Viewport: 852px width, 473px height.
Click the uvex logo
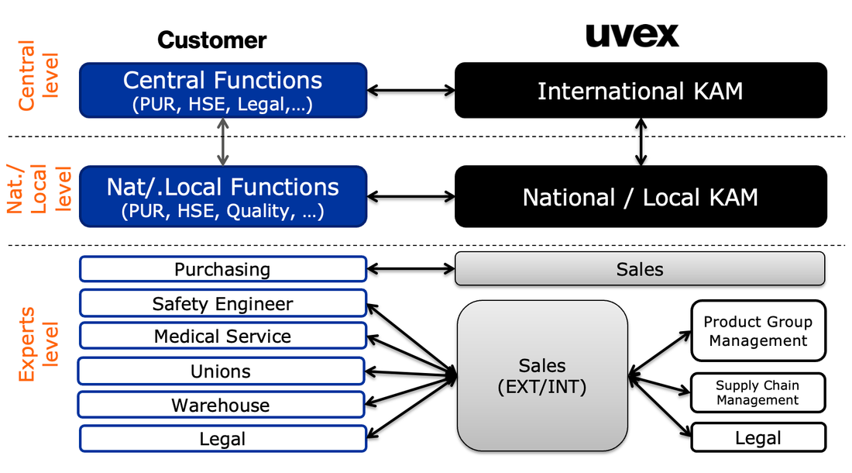pyautogui.click(x=631, y=34)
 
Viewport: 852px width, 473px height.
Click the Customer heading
pyautogui.click(x=211, y=40)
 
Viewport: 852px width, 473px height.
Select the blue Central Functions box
pyautogui.click(x=223, y=90)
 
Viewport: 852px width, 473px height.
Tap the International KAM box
pyautogui.click(x=640, y=91)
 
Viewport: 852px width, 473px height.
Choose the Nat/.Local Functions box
pyautogui.click(x=223, y=197)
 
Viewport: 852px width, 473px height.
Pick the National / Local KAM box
pyautogui.click(x=640, y=197)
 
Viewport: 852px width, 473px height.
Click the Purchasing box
pyautogui.click(x=222, y=269)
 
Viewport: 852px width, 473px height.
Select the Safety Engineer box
pyautogui.click(x=222, y=303)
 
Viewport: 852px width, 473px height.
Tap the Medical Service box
pyautogui.click(x=222, y=336)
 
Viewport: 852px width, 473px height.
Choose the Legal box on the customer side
pyautogui.click(x=222, y=439)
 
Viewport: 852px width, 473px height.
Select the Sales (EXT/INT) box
pyautogui.click(x=542, y=376)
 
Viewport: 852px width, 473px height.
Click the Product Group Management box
pyautogui.click(x=758, y=331)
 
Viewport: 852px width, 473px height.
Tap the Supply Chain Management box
pyautogui.click(x=758, y=392)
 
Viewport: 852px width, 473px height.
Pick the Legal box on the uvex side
pyautogui.click(x=758, y=438)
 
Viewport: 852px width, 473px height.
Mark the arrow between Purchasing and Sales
pyautogui.click(x=411, y=269)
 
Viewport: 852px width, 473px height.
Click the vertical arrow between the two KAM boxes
pyautogui.click(x=641, y=142)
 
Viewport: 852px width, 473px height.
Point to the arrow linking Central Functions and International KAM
pyautogui.click(x=411, y=91)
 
